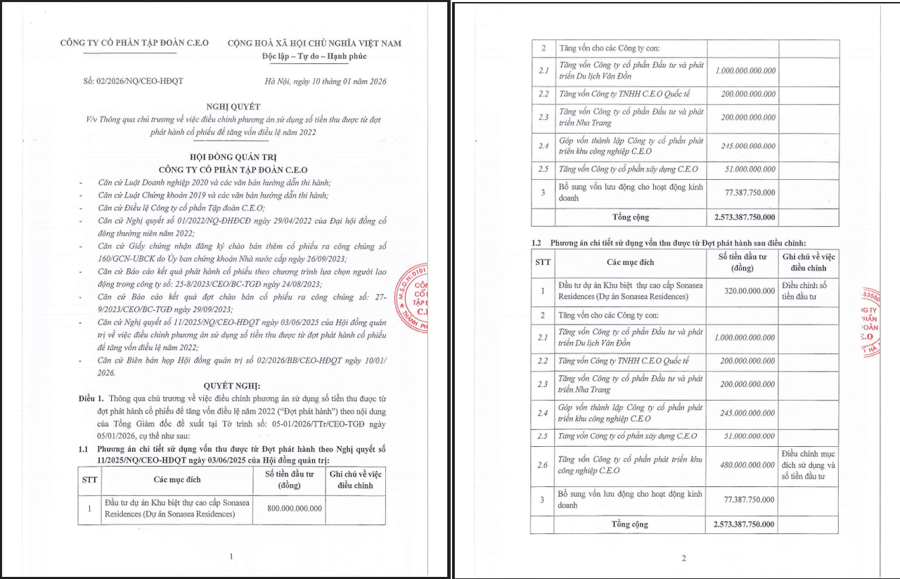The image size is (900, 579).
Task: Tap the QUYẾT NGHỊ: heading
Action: pos(231,386)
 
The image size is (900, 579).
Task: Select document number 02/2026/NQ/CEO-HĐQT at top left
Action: pos(133,81)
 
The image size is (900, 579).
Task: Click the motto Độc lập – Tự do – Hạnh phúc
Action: pos(314,56)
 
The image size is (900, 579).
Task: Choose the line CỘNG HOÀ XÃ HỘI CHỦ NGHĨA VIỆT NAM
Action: pos(314,43)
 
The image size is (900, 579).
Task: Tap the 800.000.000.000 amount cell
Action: pos(295,508)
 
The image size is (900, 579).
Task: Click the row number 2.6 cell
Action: pos(543,464)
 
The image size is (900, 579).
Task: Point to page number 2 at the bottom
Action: pos(683,559)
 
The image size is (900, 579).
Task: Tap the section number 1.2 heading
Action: pos(537,242)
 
